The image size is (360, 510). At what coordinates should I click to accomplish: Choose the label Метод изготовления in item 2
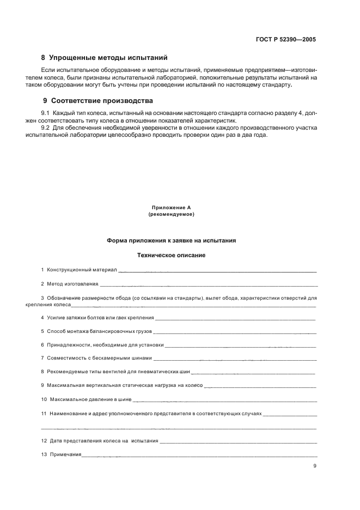point(72,284)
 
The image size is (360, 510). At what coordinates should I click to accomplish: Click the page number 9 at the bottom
point(315,466)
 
